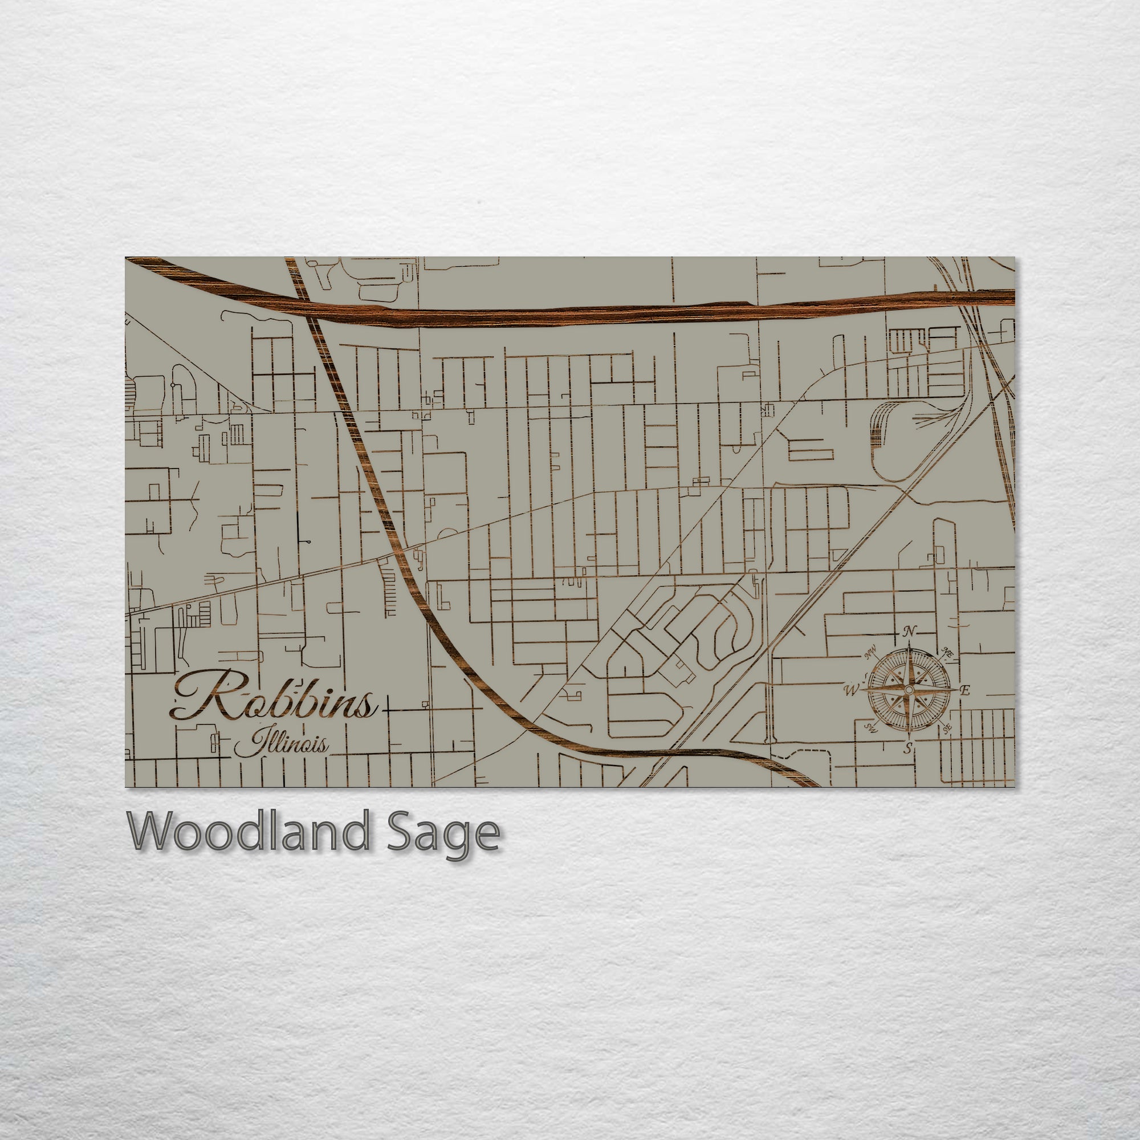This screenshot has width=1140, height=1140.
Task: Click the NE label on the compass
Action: (x=948, y=653)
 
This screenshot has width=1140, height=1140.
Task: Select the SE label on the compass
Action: (x=947, y=728)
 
